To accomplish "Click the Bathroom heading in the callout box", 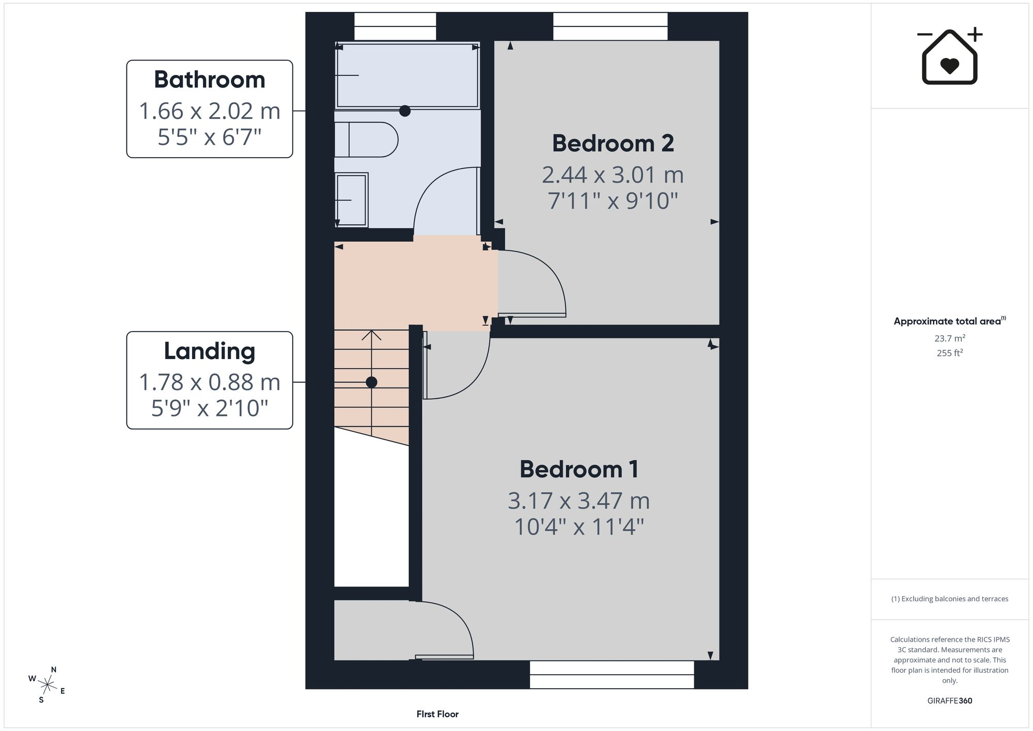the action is click(x=210, y=80).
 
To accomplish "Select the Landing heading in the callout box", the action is click(x=210, y=351).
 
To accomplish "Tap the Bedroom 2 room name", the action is click(x=613, y=143).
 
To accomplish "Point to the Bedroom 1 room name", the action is click(x=579, y=469).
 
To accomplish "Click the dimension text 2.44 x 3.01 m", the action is click(x=613, y=175).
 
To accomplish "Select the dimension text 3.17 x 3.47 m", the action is click(x=579, y=501).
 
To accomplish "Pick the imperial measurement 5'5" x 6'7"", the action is click(x=210, y=137).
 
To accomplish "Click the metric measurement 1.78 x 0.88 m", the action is click(x=210, y=382).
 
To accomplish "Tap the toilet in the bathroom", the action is click(x=366, y=139).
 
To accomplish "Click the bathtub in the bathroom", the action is click(x=407, y=75).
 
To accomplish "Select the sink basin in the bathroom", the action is click(x=351, y=200).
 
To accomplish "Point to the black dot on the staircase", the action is click(x=371, y=382).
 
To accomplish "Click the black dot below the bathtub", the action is click(x=405, y=111).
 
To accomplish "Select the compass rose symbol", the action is click(x=47, y=686).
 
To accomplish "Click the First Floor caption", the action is click(x=437, y=714).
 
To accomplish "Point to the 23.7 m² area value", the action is click(x=950, y=338).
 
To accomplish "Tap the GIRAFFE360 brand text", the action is click(x=950, y=701).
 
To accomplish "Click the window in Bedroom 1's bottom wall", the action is click(x=612, y=675).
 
